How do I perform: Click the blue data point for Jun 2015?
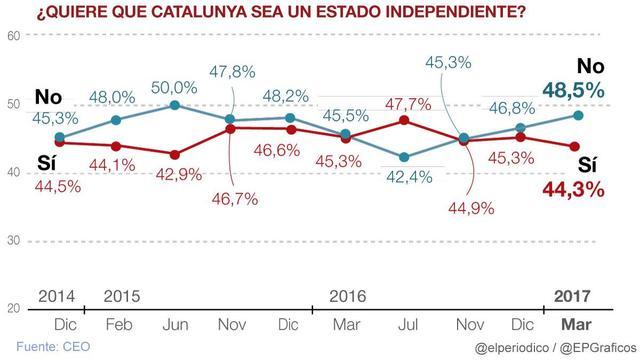(x=175, y=105)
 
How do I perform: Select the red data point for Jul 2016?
(x=404, y=120)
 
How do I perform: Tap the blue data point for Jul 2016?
(x=404, y=157)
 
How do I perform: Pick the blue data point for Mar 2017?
(x=578, y=116)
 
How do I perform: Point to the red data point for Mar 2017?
(x=575, y=147)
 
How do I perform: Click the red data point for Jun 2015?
(x=175, y=155)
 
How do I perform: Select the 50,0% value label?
(x=174, y=88)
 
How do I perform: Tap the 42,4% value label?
(x=409, y=177)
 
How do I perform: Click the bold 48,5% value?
(x=573, y=90)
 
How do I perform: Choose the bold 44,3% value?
(x=573, y=190)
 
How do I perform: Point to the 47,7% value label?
(x=408, y=104)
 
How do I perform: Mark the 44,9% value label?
(x=471, y=209)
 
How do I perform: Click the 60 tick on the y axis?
(x=13, y=36)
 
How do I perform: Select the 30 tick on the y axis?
(x=13, y=241)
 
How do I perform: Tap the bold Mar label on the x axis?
(x=576, y=325)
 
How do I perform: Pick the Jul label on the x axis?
(x=408, y=325)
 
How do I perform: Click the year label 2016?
(x=348, y=296)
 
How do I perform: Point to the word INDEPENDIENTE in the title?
(x=456, y=12)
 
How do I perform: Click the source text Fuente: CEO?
(x=53, y=347)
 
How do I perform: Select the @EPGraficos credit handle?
(x=598, y=348)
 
